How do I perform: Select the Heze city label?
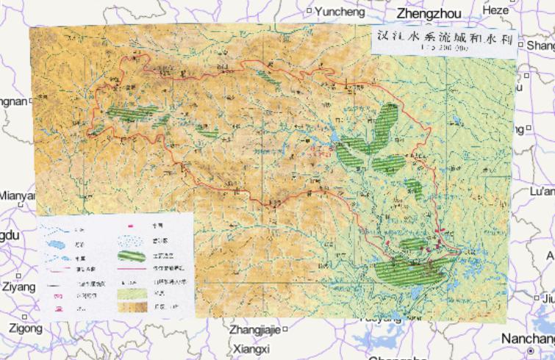[495, 10]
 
